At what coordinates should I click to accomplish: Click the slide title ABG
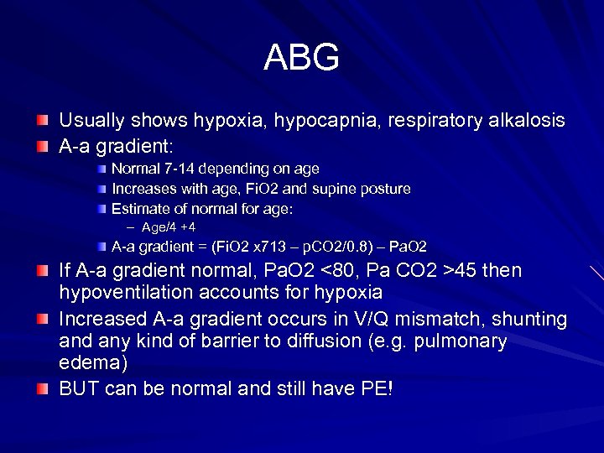(x=301, y=58)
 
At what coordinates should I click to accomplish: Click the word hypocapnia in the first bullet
(x=320, y=121)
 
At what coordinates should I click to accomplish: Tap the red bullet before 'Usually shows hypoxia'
(x=43, y=122)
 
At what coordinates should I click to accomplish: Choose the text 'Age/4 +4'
(x=169, y=227)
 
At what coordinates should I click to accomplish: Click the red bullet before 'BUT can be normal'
(x=43, y=388)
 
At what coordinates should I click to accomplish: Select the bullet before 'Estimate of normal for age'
(x=101, y=208)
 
